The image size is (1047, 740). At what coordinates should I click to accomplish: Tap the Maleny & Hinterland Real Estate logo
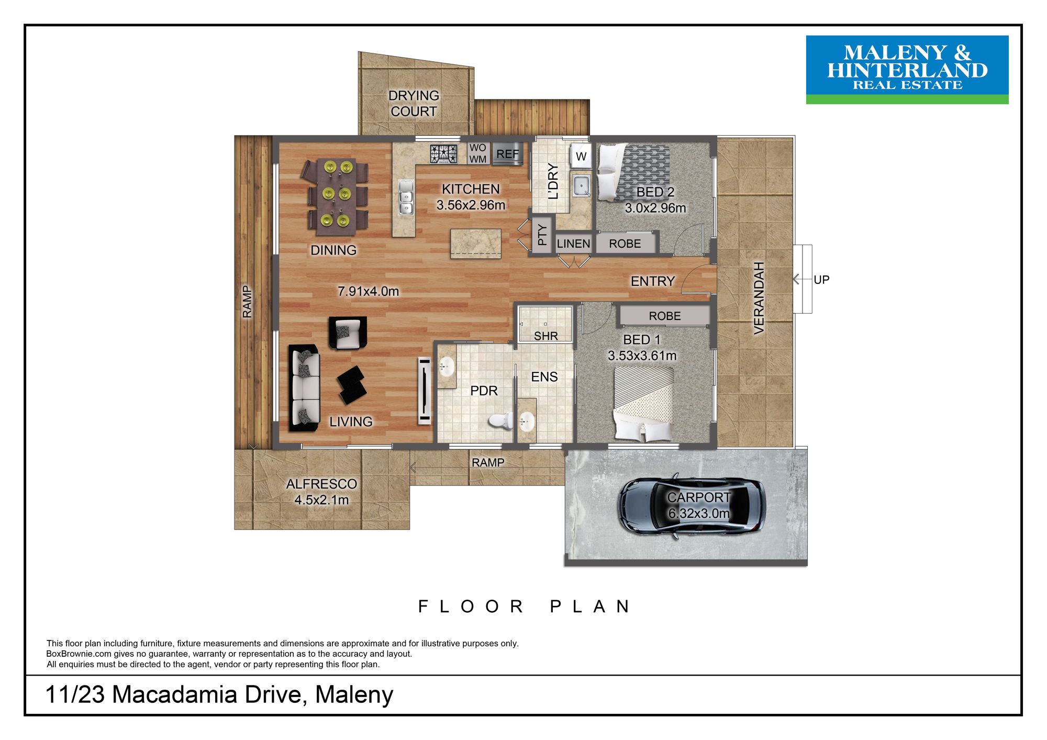point(907,70)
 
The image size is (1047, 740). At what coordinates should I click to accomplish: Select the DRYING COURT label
point(414,103)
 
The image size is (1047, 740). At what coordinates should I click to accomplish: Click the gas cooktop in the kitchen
point(443,154)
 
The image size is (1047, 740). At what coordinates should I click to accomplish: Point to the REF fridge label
point(507,154)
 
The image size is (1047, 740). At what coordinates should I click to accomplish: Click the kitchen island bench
point(476,244)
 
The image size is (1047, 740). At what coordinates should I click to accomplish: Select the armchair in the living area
point(347,333)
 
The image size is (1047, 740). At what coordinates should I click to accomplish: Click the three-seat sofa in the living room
point(305,388)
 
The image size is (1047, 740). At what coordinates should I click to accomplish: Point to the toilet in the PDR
point(500,421)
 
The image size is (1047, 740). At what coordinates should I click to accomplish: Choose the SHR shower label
point(546,336)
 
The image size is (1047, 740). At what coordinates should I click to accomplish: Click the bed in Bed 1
point(643,403)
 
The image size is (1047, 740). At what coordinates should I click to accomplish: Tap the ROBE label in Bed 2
point(625,244)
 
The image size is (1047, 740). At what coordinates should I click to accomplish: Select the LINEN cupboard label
point(573,244)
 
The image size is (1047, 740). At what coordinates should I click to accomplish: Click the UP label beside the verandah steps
point(821,280)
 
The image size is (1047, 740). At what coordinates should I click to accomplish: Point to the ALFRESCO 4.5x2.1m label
point(321,492)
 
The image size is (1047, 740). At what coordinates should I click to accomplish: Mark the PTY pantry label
point(542,235)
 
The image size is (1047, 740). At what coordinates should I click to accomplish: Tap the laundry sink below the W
point(581,185)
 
